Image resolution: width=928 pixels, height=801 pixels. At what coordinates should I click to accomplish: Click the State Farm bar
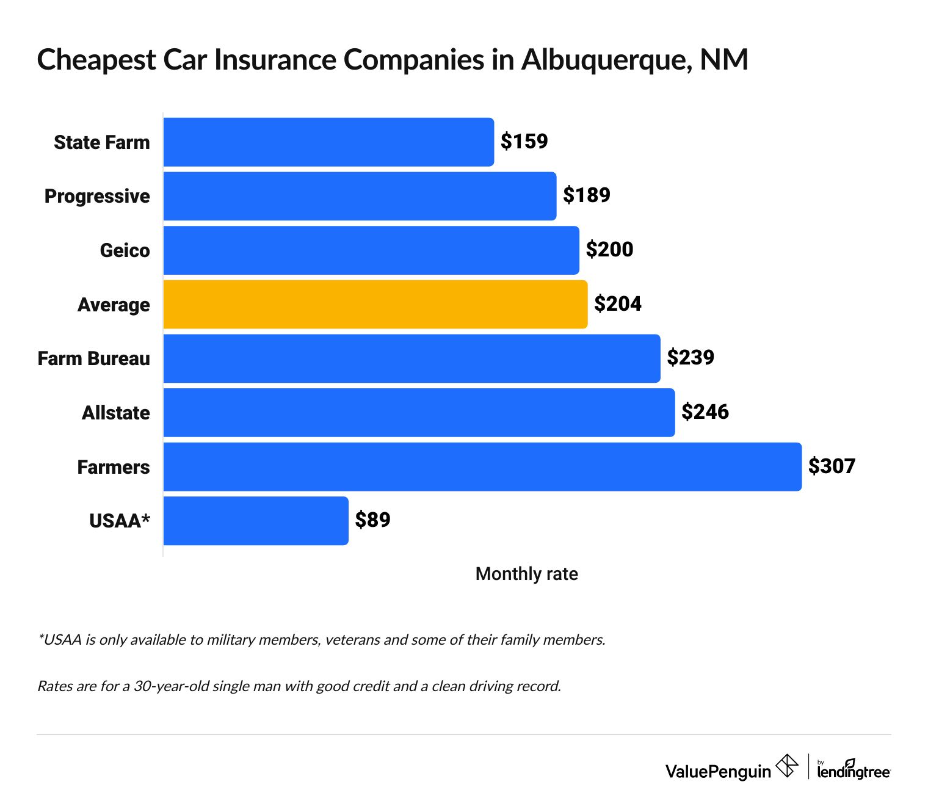328,142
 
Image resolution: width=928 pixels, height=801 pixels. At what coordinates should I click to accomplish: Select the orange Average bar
375,304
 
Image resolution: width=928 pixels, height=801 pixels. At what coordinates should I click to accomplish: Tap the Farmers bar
482,466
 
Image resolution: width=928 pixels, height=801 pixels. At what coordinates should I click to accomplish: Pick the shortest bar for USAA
255,520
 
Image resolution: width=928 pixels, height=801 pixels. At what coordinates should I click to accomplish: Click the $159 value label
524,142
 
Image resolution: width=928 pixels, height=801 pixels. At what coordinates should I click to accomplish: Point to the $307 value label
832,466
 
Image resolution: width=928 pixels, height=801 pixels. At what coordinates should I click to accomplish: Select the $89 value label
372,520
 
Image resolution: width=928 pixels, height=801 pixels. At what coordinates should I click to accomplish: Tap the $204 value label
617,304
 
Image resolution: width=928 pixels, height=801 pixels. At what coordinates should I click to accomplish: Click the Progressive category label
97,196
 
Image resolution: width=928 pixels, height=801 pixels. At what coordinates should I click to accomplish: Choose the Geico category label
125,250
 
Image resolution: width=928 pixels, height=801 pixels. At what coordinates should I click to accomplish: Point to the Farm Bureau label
93,358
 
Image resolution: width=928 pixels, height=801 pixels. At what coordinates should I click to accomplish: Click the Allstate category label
115,413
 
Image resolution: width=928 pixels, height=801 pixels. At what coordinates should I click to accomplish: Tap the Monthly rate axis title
526,574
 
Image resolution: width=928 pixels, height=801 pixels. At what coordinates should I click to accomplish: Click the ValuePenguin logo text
718,771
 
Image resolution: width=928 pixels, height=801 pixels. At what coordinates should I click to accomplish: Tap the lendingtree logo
854,770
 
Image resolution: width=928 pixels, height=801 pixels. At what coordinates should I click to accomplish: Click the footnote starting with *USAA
321,640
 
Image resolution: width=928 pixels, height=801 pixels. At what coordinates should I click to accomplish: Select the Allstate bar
419,413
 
